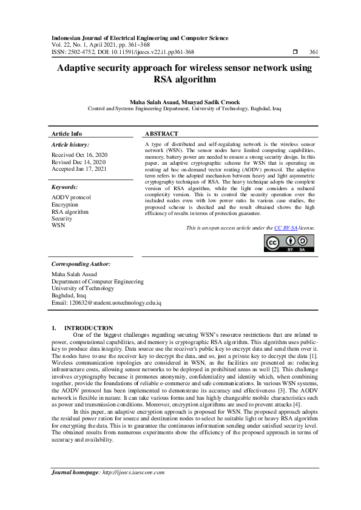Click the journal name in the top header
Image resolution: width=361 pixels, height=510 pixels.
click(x=140, y=38)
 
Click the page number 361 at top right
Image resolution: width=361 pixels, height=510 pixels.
click(x=314, y=53)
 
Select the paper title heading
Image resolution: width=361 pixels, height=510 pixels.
click(x=180, y=73)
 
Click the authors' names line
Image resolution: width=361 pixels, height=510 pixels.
click(x=180, y=102)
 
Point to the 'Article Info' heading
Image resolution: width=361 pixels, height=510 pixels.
click(x=67, y=133)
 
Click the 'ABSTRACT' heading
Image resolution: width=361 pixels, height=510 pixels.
click(x=162, y=133)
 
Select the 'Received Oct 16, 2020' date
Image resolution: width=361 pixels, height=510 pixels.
click(x=79, y=155)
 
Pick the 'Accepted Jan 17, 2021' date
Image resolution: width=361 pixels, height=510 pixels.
click(x=79, y=170)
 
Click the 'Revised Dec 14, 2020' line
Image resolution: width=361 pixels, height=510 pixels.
click(x=79, y=162)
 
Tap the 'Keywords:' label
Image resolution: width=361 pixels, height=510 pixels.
click(x=65, y=188)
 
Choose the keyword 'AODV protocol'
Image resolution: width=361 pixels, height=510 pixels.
click(x=72, y=198)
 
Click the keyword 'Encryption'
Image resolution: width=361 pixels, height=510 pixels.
click(x=65, y=205)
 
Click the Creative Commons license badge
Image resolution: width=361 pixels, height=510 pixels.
click(x=289, y=242)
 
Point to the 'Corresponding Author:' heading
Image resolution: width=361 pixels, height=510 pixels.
click(x=81, y=264)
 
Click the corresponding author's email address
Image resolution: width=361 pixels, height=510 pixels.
click(x=106, y=302)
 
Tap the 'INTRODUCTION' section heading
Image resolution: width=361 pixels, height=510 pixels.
click(x=89, y=328)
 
